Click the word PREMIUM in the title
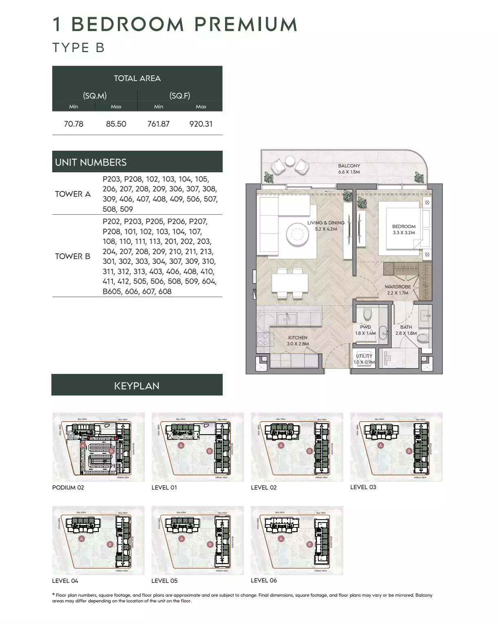(x=246, y=24)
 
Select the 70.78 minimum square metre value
(x=73, y=124)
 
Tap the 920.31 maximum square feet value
(x=201, y=124)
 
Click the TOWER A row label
(x=73, y=194)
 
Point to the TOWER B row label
(x=73, y=256)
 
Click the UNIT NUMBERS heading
(x=91, y=162)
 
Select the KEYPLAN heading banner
(x=137, y=385)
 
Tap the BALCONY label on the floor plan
(x=349, y=166)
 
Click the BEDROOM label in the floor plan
(x=404, y=226)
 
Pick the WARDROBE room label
(x=398, y=287)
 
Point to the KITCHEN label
(x=298, y=338)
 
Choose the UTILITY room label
(x=364, y=356)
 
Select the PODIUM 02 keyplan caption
(x=68, y=488)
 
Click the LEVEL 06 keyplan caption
(x=263, y=580)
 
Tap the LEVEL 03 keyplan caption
(x=363, y=487)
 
